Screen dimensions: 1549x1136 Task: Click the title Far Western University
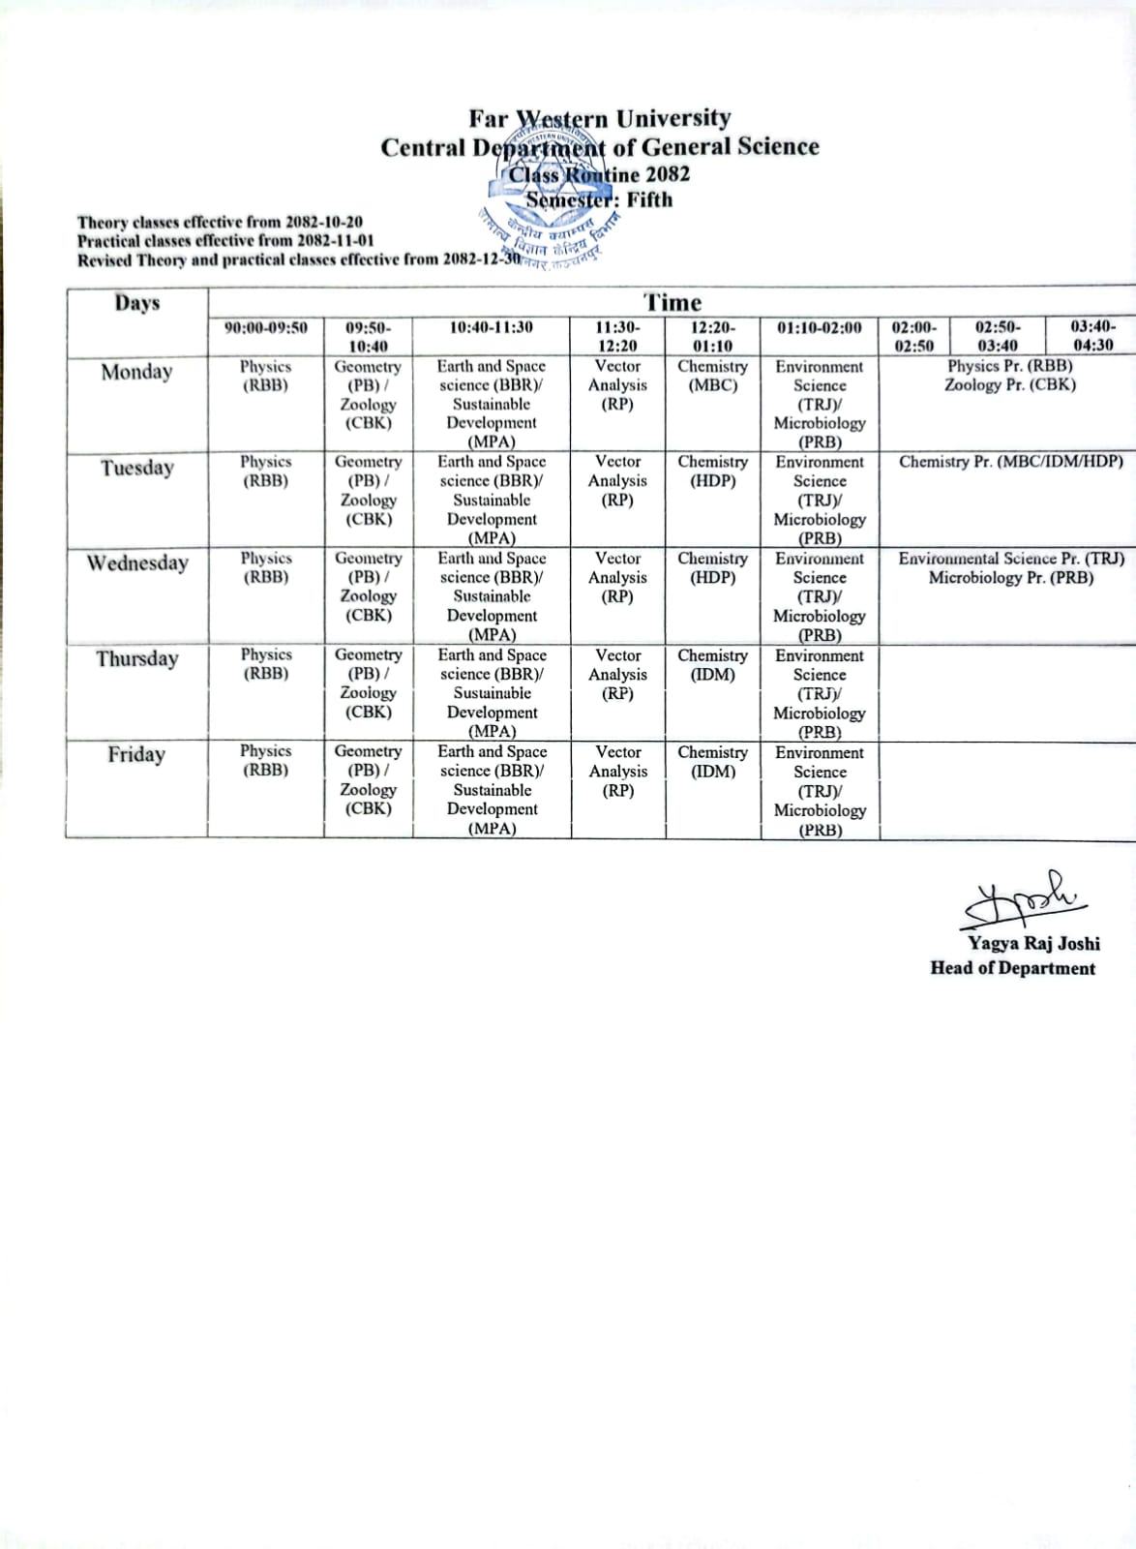tap(600, 118)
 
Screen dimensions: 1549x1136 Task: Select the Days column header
tap(136, 302)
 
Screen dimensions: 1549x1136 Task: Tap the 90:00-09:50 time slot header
tap(265, 327)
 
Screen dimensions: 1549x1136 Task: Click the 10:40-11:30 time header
tap(491, 327)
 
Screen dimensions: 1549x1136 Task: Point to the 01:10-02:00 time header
tap(819, 327)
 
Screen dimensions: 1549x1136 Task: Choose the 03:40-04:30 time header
tap(1092, 335)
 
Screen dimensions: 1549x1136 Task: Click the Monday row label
tap(136, 372)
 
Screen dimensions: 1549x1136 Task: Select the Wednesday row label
tap(136, 562)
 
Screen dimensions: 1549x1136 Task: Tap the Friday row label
tap(136, 754)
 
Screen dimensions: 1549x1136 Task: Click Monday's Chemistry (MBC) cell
tap(712, 376)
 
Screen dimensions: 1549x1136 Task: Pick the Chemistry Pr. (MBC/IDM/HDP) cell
tap(1010, 462)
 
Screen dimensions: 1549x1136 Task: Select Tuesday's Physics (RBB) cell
tap(265, 471)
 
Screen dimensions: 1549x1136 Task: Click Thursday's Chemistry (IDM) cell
tap(712, 665)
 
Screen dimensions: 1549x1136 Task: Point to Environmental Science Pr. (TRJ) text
tap(1010, 559)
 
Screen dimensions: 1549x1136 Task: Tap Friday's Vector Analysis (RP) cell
tap(617, 771)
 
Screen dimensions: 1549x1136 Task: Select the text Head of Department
tap(1012, 968)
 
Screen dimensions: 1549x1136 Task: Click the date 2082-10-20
tap(324, 222)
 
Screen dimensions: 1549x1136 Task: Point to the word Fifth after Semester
tap(649, 199)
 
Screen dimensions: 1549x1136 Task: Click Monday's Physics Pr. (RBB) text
tap(1009, 366)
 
